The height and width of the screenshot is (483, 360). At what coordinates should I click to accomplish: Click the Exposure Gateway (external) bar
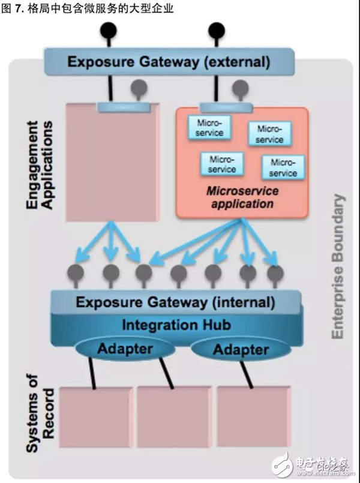pos(169,62)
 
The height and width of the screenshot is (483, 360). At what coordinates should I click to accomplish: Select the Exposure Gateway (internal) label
pos(175,302)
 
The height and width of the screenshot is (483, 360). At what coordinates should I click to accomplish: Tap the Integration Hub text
pos(176,325)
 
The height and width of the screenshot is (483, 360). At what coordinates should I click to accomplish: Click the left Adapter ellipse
pos(125,349)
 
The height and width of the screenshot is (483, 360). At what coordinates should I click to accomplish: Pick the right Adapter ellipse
pos(241,350)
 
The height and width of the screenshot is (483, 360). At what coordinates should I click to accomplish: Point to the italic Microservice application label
pos(242,197)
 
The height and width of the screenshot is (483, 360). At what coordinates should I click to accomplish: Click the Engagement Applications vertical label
pos(40,165)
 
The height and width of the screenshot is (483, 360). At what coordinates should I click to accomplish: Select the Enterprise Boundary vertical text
pos(338,267)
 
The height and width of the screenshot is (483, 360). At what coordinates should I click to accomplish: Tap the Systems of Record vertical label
pos(40,413)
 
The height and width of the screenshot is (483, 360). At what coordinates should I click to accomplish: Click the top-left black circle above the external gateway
pos(109,31)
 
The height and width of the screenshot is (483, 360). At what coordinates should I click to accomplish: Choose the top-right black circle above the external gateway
pos(217,31)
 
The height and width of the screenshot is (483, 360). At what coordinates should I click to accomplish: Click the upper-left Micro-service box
pos(209,128)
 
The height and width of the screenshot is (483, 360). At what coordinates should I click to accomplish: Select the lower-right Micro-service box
pos(283,167)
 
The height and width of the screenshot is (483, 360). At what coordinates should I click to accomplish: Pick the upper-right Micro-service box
pos(270,134)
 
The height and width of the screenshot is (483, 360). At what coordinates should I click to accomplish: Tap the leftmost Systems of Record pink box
pos(96,417)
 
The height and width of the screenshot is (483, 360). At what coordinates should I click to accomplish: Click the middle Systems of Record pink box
pos(175,417)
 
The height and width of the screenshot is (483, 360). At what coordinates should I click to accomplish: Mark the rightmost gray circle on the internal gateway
pos(275,273)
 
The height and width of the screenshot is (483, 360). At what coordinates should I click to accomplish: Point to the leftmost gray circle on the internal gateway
pos(76,273)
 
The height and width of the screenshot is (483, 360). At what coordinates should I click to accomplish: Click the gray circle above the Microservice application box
pos(240,88)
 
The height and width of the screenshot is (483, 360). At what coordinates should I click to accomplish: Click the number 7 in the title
pos(18,8)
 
